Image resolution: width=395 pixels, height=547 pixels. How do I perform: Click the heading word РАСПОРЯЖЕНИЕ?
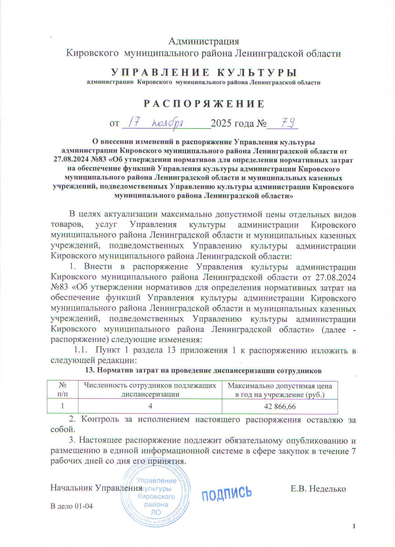coord(204,104)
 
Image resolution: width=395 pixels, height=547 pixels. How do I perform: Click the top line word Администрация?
coord(204,41)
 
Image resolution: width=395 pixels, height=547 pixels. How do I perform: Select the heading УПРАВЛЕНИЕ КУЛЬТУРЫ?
coord(204,72)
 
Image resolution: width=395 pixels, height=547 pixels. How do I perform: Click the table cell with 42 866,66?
coord(280,407)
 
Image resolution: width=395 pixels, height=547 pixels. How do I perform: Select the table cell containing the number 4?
coord(150,407)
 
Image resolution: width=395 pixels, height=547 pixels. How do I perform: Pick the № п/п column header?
coord(62,390)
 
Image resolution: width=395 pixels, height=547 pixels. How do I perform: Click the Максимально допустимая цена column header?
coord(280,390)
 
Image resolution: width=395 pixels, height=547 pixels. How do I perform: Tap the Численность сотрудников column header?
coord(150,390)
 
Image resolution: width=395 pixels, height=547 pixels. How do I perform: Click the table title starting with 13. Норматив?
coord(203,371)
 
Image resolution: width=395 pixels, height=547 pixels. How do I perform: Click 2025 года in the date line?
coord(232,124)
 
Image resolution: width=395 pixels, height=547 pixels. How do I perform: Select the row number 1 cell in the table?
coord(62,407)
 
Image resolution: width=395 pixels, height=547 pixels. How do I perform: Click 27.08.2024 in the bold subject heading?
coord(71,160)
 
